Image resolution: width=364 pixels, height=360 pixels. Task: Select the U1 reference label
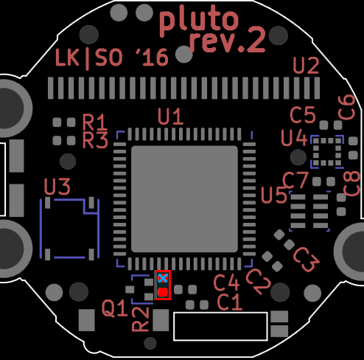pos(170,117)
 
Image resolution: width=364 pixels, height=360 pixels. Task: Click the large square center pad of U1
pos(184,199)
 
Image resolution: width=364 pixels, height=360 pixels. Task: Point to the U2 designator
pos(306,66)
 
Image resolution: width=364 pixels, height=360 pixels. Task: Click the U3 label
pos(57,187)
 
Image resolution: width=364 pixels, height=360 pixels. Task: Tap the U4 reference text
pos(294,138)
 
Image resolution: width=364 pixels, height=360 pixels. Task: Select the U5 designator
pos(273,195)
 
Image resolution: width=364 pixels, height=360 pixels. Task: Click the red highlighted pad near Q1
pos(163,292)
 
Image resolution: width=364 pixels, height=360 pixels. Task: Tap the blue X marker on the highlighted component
pos(163,278)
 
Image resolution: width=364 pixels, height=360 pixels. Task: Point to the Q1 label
pos(115,308)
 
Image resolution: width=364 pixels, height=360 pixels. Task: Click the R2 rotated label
pos(141,319)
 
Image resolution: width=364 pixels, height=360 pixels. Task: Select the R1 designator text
pos(95,122)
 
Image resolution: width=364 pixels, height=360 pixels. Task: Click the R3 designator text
pos(95,140)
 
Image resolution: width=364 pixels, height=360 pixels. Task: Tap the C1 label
pos(230,302)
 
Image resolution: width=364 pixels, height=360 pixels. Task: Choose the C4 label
pos(226,283)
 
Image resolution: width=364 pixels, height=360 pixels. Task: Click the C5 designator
pos(303,114)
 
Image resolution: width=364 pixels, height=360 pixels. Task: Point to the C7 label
pos(295,180)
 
